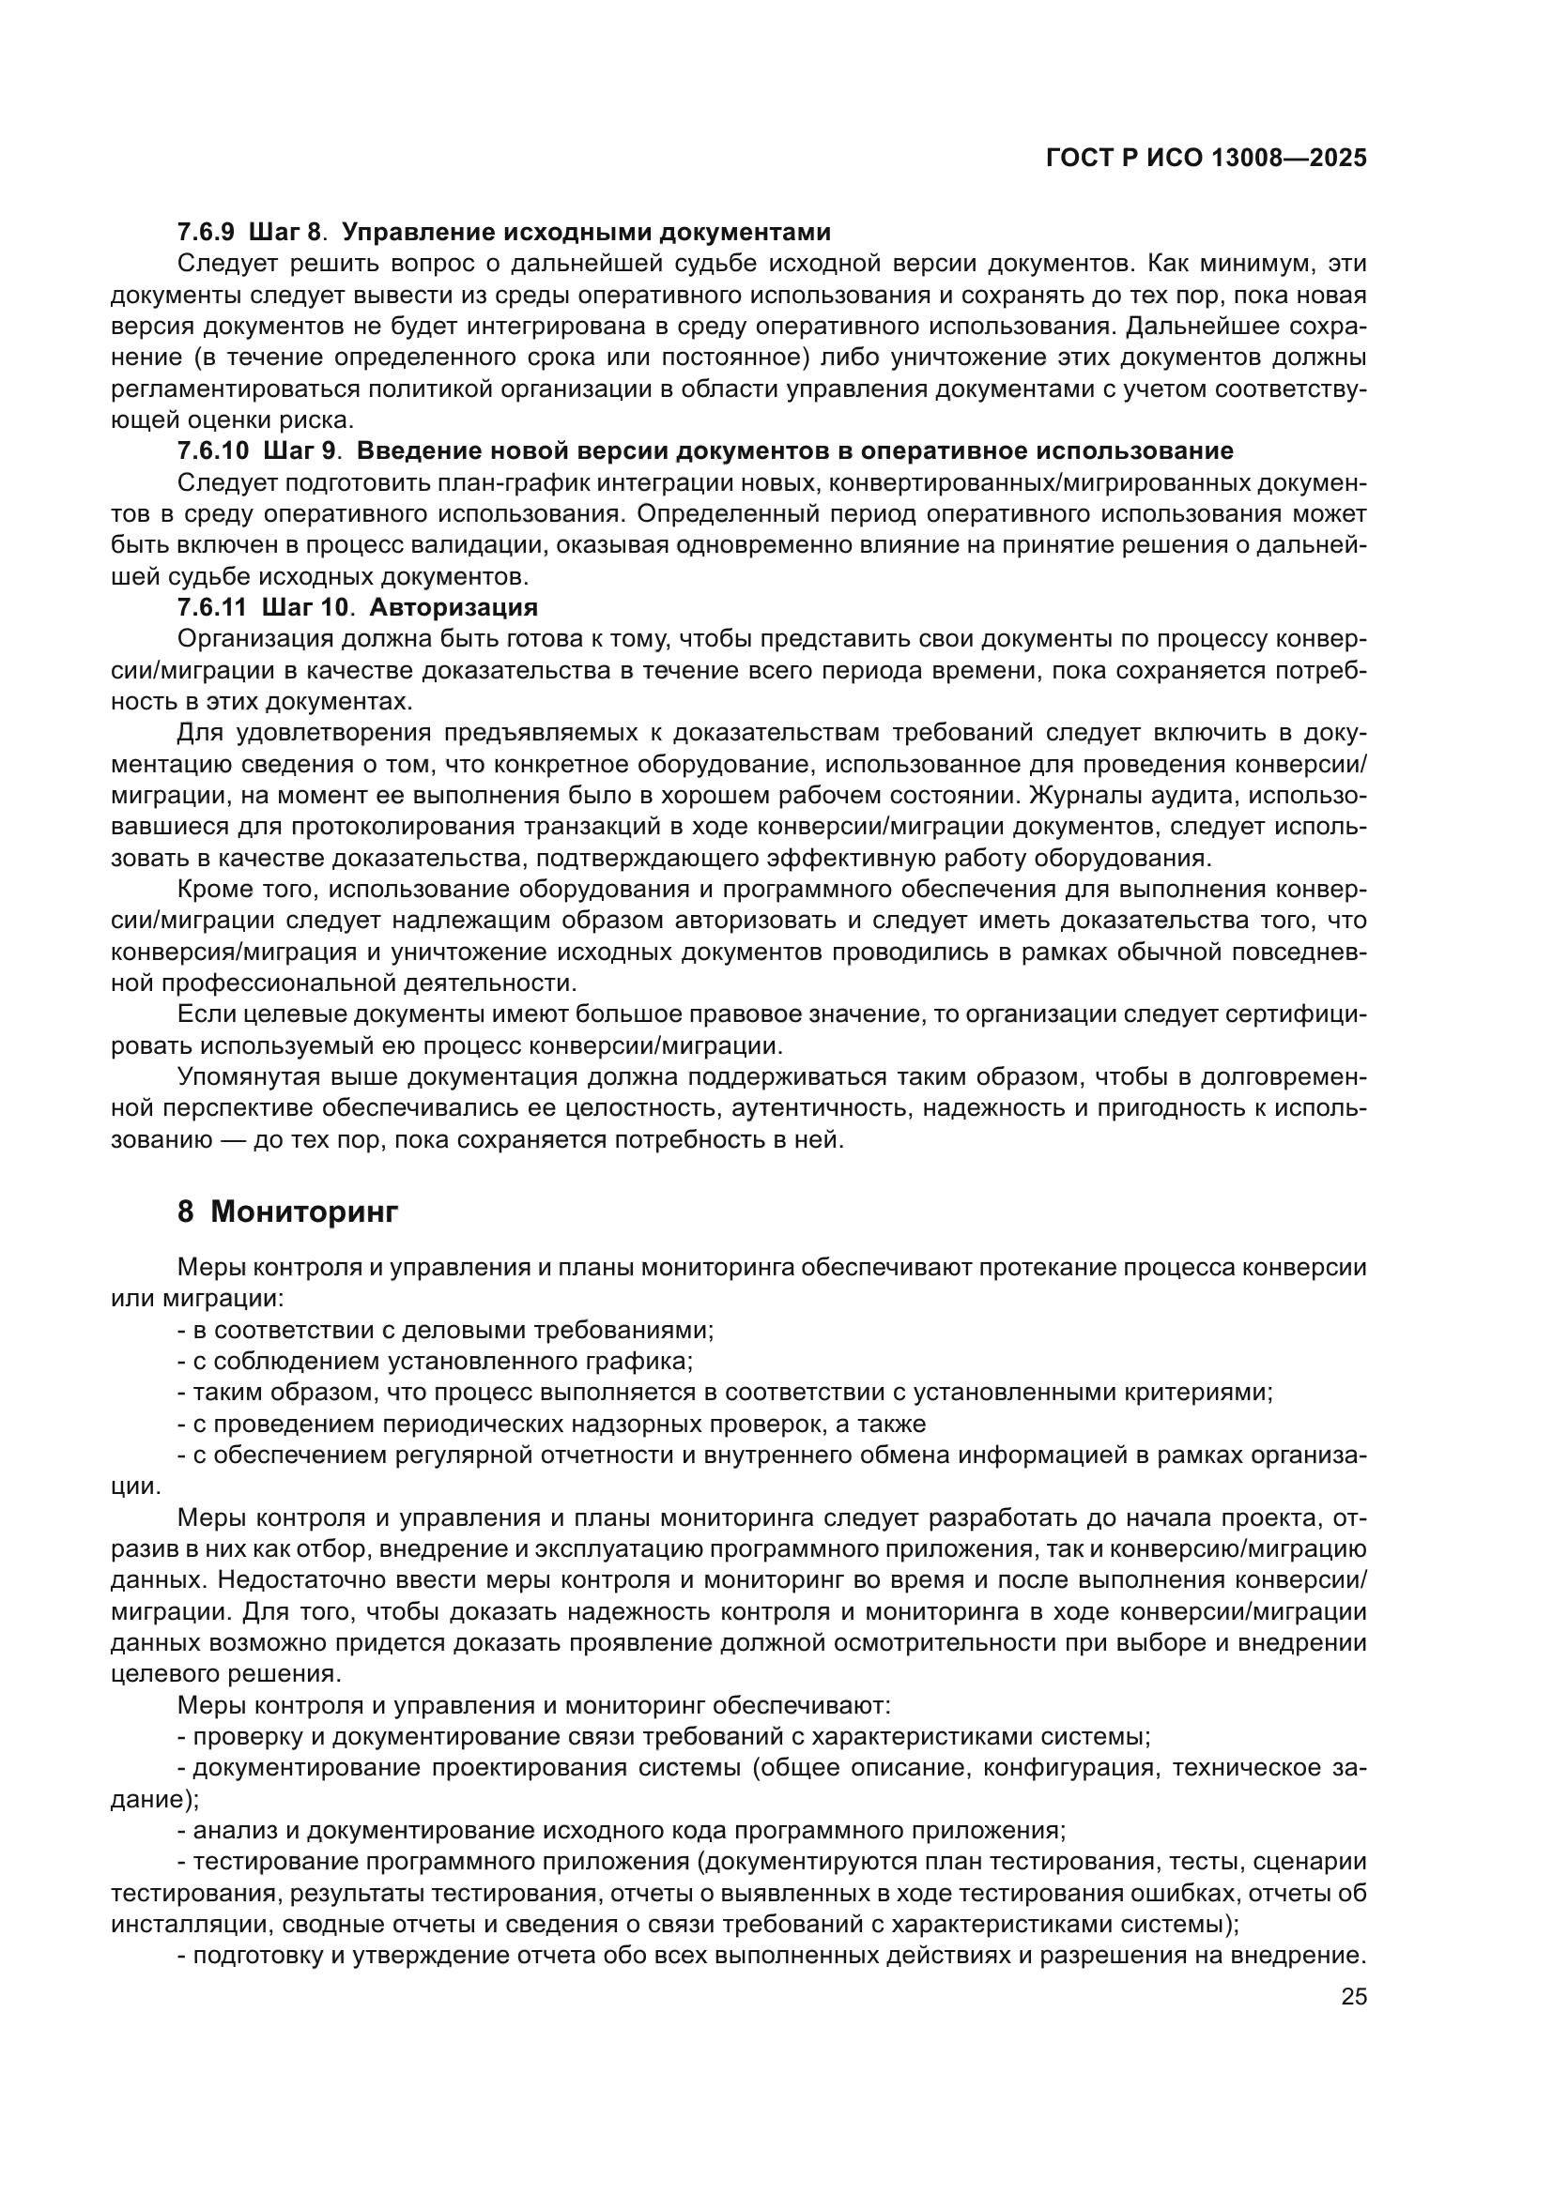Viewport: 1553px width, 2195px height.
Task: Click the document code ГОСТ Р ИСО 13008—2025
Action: [x=1206, y=159]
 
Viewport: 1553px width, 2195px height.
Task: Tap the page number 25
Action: [x=1354, y=1997]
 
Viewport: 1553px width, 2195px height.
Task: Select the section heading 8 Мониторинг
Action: [x=287, y=1212]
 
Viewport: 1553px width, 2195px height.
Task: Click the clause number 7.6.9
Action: [x=206, y=233]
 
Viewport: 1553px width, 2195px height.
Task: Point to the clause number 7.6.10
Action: [x=212, y=451]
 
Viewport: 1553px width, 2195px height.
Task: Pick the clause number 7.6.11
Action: [x=211, y=608]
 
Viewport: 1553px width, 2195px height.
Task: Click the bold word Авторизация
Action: [x=454, y=608]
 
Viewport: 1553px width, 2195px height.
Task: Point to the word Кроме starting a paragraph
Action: [x=211, y=890]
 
